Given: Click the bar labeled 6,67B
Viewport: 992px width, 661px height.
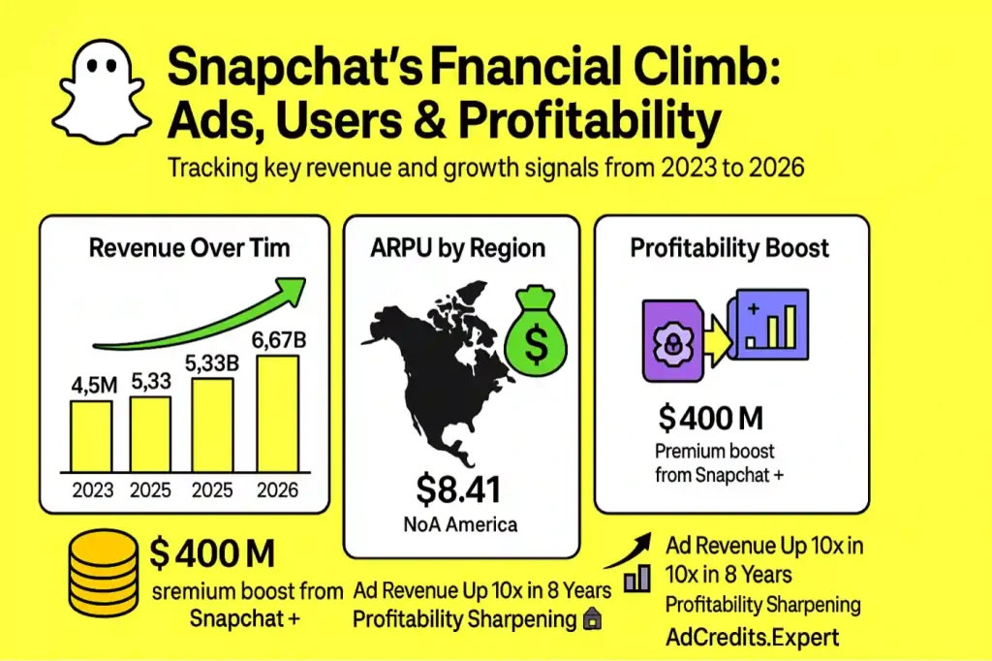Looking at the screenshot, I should point(277,413).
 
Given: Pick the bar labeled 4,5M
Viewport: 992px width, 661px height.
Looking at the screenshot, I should point(92,435).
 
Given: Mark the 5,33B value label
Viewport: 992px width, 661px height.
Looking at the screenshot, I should point(213,364).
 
